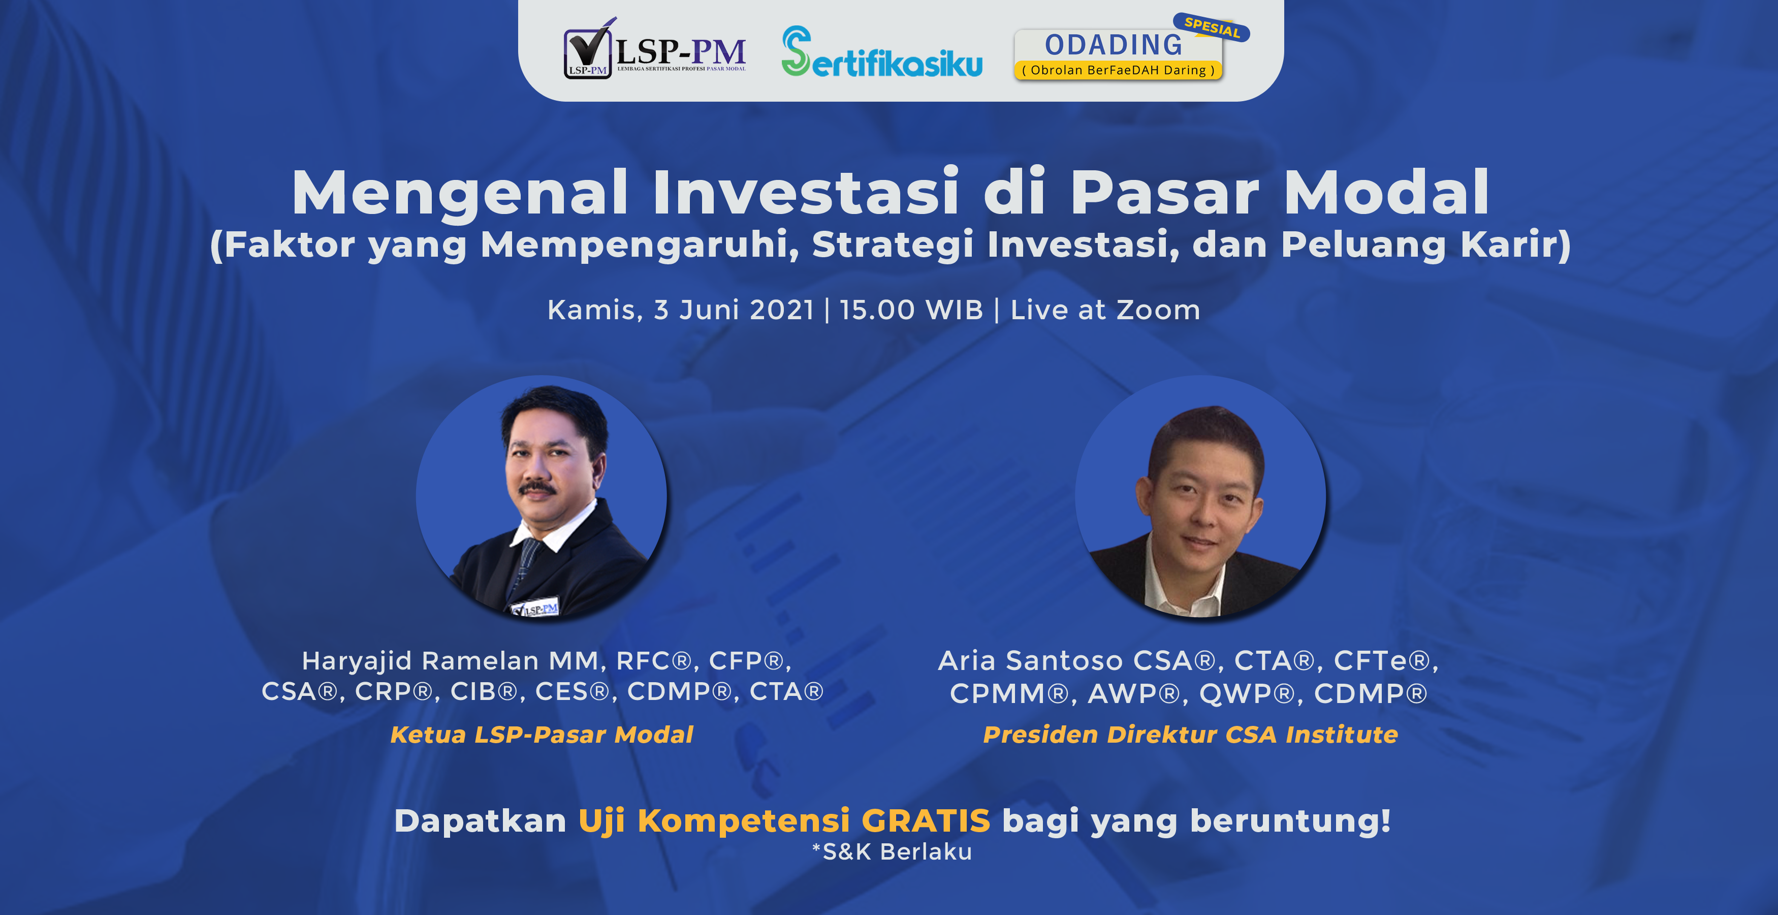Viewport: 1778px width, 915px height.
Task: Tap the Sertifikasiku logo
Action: [882, 51]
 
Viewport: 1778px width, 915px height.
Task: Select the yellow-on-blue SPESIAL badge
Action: [1212, 27]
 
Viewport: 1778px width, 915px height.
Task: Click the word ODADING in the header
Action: [1114, 45]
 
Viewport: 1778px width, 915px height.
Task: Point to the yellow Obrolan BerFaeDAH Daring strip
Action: [1118, 70]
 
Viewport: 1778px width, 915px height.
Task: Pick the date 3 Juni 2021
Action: [734, 310]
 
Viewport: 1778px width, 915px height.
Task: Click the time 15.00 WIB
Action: [911, 310]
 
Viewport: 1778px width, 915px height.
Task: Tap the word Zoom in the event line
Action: [1158, 310]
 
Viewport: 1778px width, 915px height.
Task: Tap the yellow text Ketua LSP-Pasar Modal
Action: [542, 734]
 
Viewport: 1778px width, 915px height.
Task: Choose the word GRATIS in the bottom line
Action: [926, 820]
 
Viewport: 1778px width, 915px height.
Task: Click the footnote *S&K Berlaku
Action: [892, 852]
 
